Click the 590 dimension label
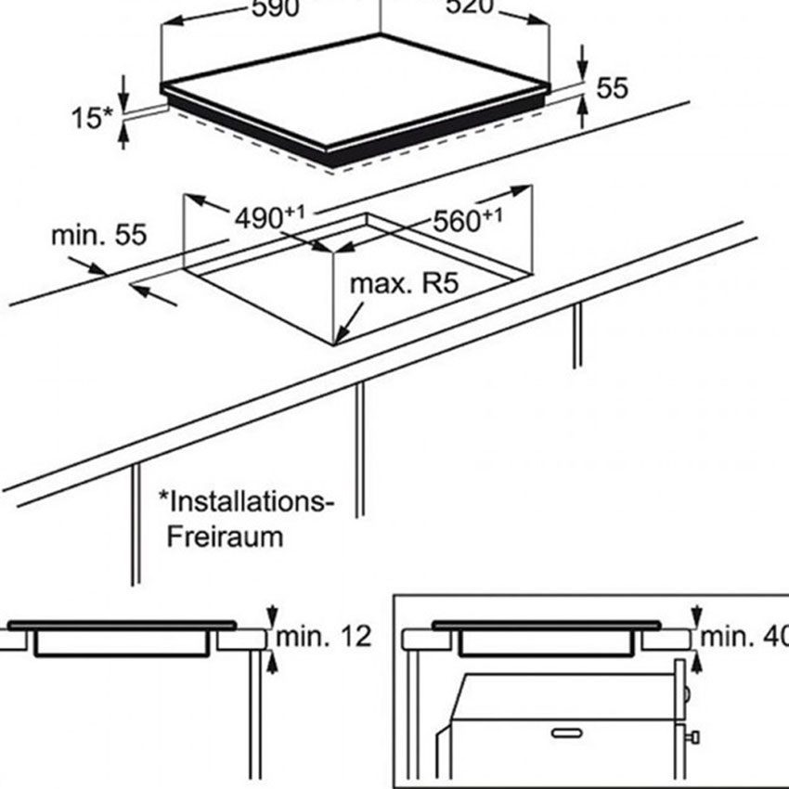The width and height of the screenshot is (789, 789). pyautogui.click(x=275, y=8)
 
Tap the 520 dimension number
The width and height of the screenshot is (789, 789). pyautogui.click(x=470, y=8)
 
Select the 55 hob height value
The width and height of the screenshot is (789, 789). pyautogui.click(x=613, y=88)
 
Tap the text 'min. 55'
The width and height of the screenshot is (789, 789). pyautogui.click(x=98, y=234)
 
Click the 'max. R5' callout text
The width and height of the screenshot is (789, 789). pyautogui.click(x=405, y=283)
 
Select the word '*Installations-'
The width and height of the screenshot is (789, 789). pyautogui.click(x=245, y=502)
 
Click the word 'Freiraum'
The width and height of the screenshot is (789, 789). pyautogui.click(x=225, y=537)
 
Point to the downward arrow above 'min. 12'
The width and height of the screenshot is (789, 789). pyautogui.click(x=271, y=615)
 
